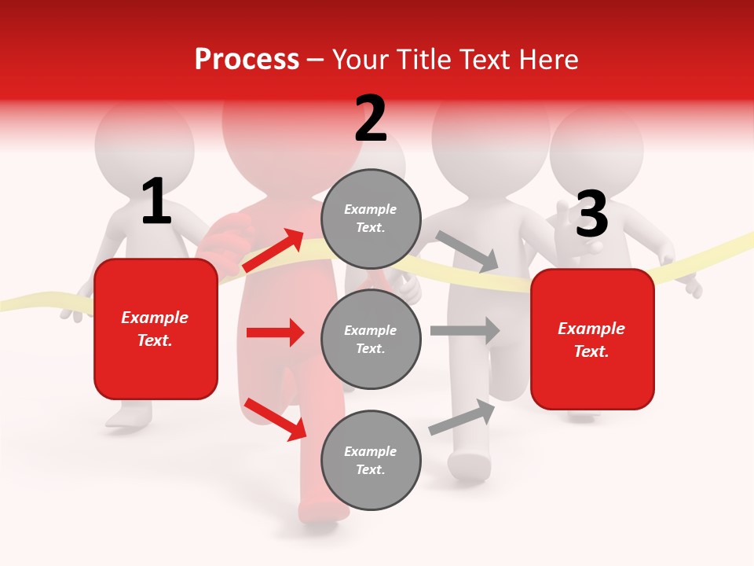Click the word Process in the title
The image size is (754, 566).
click(247, 60)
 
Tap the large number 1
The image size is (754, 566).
click(156, 202)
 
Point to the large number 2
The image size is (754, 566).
click(371, 119)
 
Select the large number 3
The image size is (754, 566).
click(591, 215)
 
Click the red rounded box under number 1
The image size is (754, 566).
click(156, 329)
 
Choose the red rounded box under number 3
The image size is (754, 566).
click(592, 340)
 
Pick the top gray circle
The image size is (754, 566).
click(371, 219)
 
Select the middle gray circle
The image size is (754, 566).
click(371, 340)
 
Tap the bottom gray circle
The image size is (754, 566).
click(371, 461)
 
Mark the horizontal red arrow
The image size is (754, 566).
click(275, 333)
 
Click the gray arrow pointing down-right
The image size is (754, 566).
click(467, 251)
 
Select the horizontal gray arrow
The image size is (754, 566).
click(464, 330)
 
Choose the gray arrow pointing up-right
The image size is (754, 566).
click(462, 417)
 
